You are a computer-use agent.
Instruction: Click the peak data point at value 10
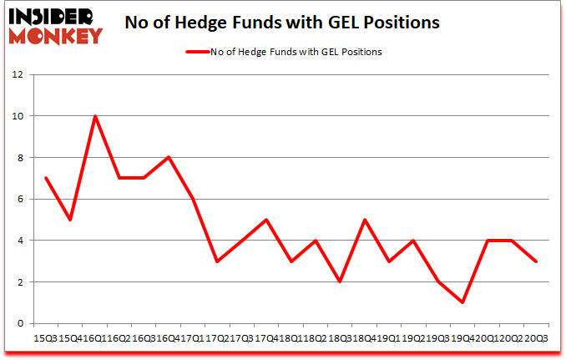[x=95, y=116]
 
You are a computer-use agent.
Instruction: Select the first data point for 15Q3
[x=46, y=178]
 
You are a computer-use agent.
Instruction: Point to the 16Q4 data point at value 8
[x=169, y=157]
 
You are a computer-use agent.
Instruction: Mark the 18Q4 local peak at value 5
[x=364, y=220]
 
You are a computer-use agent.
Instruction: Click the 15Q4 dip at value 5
[x=70, y=220]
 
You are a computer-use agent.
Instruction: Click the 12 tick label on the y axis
[x=18, y=74]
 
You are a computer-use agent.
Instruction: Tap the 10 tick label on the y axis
[x=18, y=116]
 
